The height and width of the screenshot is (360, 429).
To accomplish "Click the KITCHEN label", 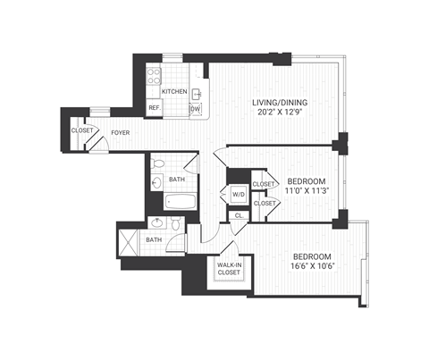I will point(173,91).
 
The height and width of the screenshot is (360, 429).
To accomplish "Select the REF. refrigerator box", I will point(154,109).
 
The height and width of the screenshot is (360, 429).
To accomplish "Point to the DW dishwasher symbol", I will point(195,109).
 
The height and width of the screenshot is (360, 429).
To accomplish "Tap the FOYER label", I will point(122,134).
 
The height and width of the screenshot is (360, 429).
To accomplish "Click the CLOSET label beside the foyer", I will point(83,130).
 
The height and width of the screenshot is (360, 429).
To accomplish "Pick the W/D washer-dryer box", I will point(238,194).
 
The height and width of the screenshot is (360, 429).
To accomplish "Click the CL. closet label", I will point(239,215).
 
